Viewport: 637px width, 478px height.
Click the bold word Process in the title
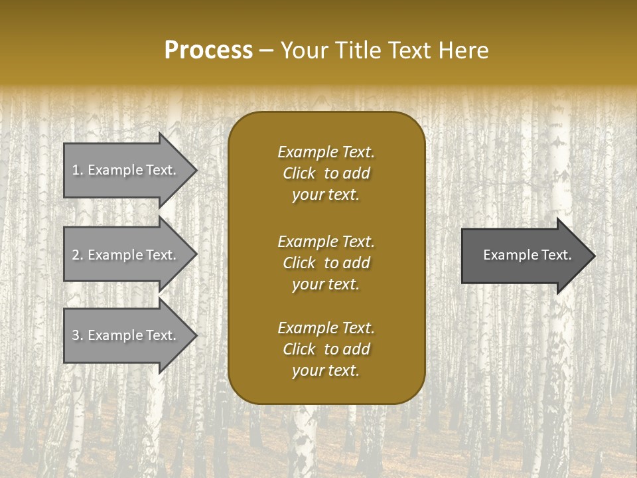208,50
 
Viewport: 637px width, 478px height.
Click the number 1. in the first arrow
77,170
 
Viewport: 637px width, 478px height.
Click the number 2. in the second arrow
77,255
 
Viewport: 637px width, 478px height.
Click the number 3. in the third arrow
77,336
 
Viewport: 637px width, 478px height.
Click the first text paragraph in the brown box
326,173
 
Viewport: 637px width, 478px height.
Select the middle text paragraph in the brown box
326,262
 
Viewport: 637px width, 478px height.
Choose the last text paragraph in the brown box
326,349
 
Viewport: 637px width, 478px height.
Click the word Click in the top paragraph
299,173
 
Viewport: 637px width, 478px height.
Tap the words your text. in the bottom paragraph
326,371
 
